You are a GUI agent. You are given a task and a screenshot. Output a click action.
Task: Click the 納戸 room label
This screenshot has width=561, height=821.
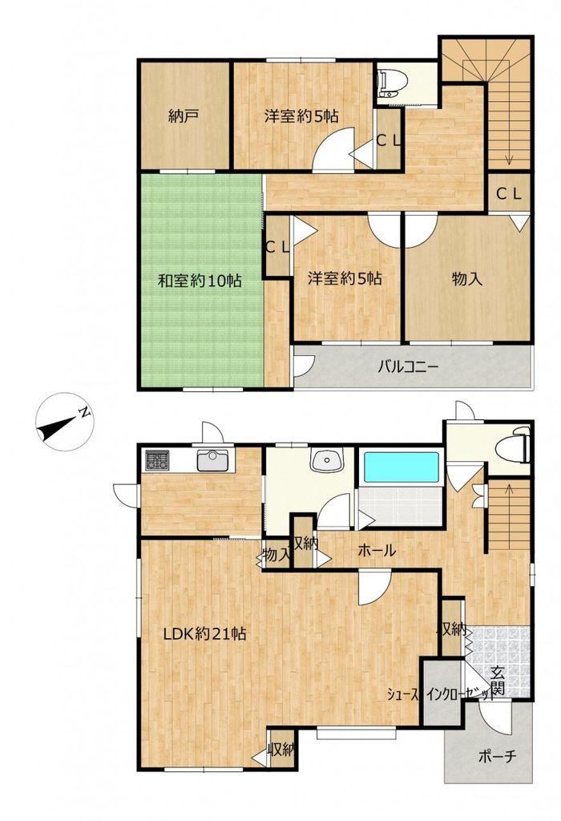coord(183,115)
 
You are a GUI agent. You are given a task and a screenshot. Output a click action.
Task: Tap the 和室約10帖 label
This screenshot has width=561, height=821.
coord(200,281)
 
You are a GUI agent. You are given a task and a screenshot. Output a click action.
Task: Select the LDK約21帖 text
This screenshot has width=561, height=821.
coord(204,634)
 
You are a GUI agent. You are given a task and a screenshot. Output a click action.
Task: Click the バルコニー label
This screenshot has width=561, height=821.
coord(408,366)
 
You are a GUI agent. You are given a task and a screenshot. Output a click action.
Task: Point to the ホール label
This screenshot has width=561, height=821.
coord(377,550)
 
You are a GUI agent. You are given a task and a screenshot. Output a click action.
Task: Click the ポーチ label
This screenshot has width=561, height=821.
coord(497,755)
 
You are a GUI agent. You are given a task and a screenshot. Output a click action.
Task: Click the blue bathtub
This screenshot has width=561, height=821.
coord(402,467)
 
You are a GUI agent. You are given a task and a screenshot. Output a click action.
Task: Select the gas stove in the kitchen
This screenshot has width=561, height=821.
coord(157,461)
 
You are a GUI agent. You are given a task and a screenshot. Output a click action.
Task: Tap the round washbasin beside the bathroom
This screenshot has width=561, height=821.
coord(325,460)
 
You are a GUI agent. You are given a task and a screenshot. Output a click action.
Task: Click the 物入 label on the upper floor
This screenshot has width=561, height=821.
coord(466,279)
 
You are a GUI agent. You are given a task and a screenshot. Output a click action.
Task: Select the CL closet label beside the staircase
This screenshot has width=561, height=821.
coord(509,194)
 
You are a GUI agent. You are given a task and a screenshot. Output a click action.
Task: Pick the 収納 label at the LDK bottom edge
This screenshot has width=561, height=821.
coord(281,749)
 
